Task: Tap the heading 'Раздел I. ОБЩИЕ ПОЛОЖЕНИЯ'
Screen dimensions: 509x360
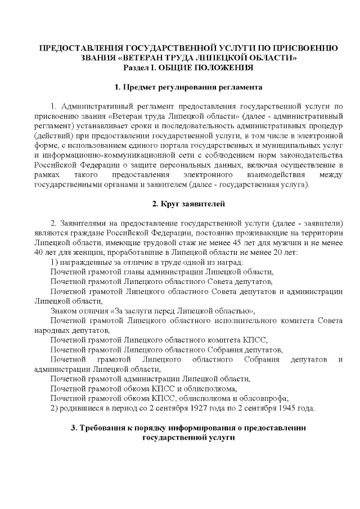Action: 180,67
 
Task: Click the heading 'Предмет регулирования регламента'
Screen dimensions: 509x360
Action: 180,88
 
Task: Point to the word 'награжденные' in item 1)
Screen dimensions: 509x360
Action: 83,262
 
